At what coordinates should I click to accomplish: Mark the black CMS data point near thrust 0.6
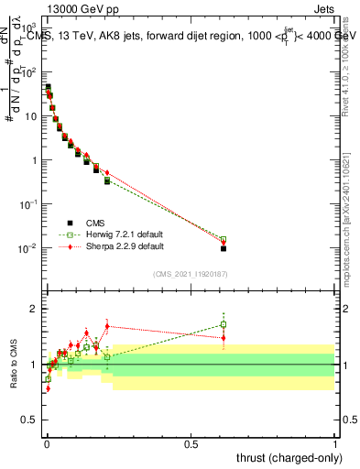[x=224, y=248]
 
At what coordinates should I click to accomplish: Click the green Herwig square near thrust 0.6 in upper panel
[x=224, y=239]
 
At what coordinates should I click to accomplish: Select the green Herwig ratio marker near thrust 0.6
[x=224, y=324]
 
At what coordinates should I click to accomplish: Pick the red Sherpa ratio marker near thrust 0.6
[x=224, y=337]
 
